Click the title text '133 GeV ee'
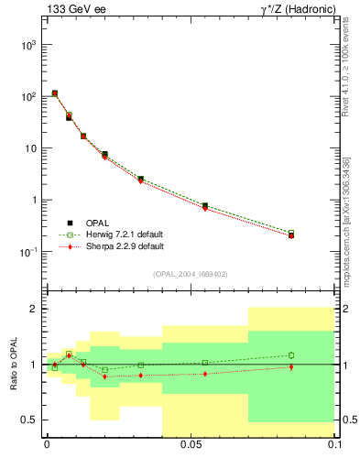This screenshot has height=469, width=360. click(70, 10)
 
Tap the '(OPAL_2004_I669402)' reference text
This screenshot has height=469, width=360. click(191, 273)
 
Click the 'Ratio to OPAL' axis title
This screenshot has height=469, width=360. click(12, 364)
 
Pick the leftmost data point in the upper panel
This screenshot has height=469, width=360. click(55, 93)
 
